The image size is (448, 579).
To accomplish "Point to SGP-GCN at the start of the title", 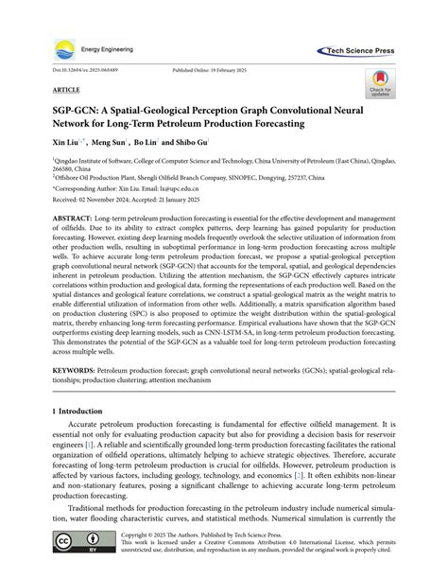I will (x=64, y=109).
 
